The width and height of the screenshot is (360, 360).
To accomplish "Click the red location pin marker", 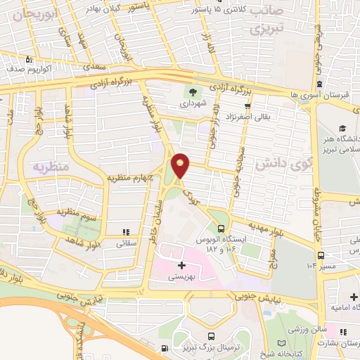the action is pos(181,165).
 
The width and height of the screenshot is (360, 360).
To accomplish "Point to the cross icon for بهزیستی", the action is pos(182,265).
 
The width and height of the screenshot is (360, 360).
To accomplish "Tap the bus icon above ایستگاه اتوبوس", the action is pos(222,229).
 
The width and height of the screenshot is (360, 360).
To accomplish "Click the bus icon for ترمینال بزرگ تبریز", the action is pos(164,349).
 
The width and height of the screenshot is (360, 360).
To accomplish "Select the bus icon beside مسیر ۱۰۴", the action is pos(321,256).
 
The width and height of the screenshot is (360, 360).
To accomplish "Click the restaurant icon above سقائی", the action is pos(126,231).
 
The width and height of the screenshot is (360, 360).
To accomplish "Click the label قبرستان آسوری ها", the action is pos(316,94).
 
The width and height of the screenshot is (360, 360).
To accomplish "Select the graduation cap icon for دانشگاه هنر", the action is pos(341,129).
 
